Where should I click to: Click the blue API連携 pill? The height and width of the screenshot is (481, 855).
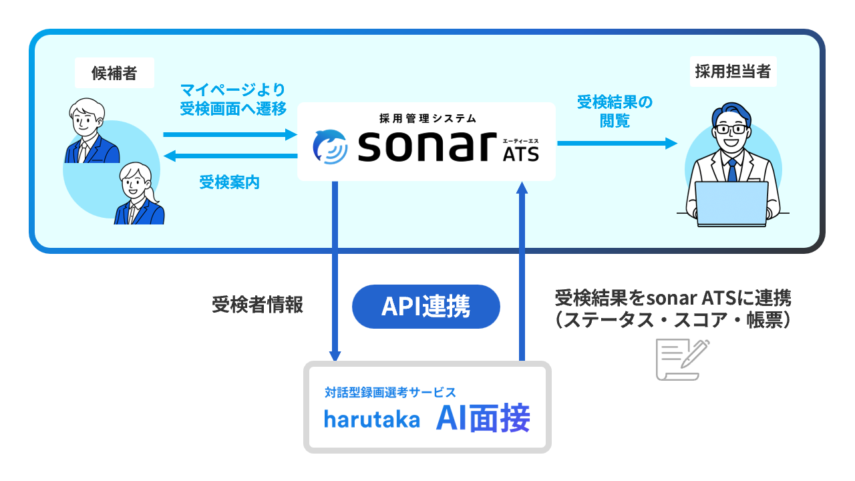click(426, 307)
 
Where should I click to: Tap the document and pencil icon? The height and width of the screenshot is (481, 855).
click(682, 359)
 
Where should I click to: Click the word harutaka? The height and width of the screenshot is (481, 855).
click(372, 420)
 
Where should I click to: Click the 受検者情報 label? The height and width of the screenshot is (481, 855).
click(258, 305)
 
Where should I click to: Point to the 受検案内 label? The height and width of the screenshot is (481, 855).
click(229, 182)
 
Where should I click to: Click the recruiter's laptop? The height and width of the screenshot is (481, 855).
click(732, 204)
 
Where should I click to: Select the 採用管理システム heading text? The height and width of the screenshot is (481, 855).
click(427, 118)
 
